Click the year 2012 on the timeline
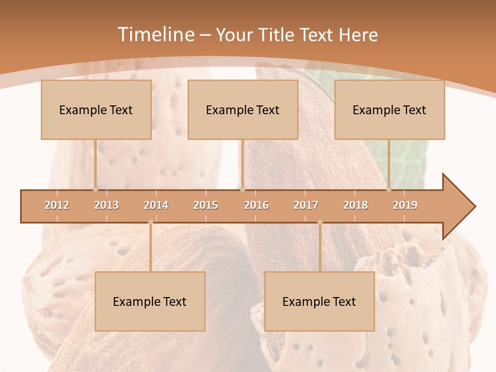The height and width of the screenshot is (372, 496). [x=57, y=205]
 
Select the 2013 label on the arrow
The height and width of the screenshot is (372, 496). [x=106, y=205]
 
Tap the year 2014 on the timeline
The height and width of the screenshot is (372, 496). [x=156, y=205]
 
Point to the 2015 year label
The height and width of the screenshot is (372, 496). [x=206, y=205]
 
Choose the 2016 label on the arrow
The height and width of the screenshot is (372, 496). [x=256, y=205]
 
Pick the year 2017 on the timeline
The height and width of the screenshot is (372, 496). [x=306, y=205]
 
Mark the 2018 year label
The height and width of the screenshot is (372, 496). [x=355, y=205]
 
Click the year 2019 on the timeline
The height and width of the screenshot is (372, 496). [x=405, y=205]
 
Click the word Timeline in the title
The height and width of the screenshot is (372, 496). [x=155, y=35]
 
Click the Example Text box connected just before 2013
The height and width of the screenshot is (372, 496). [x=96, y=110]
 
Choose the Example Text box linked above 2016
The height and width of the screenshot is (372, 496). [x=243, y=110]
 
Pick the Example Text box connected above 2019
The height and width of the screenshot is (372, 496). [x=390, y=110]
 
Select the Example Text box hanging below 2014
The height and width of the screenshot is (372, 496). [x=150, y=301]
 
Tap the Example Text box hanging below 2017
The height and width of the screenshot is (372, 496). [x=319, y=301]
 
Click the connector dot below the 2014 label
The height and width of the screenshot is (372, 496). [x=150, y=222]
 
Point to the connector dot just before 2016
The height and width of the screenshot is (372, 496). [x=242, y=189]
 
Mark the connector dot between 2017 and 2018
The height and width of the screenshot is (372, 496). [x=320, y=222]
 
